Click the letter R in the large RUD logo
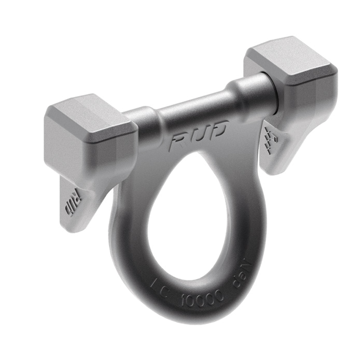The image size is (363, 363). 179,141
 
